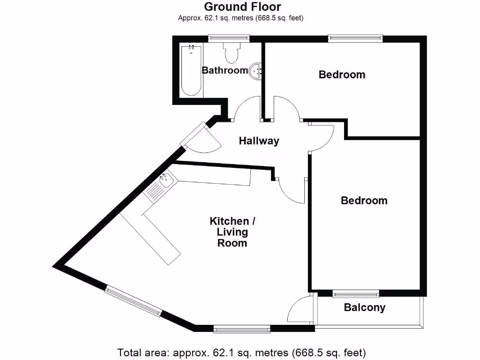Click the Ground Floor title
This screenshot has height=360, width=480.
tap(242, 7)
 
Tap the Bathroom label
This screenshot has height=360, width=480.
tap(225, 70)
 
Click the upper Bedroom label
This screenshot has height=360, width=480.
tap(342, 75)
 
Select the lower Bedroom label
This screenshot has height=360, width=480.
tap(364, 201)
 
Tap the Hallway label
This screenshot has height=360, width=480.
tap(259, 141)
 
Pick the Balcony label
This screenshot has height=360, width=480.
tap(364, 308)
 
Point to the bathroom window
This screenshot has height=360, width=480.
tap(229, 37)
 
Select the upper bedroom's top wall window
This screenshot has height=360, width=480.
tap(355, 38)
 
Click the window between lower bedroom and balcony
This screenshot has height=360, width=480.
tap(355, 294)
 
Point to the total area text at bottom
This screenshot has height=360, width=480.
tap(241, 352)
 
